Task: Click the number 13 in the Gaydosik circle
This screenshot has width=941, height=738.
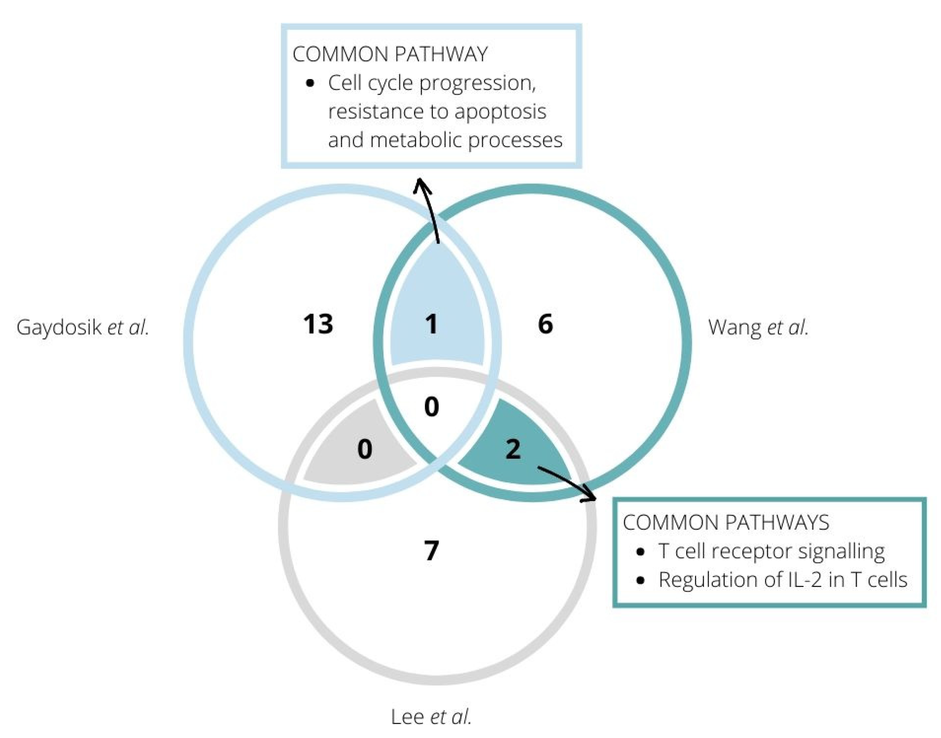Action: click(x=318, y=324)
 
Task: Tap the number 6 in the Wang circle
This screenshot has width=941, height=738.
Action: click(x=545, y=323)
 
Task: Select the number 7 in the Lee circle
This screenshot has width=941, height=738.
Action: click(x=431, y=551)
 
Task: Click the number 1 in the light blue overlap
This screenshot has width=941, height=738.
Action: click(x=431, y=323)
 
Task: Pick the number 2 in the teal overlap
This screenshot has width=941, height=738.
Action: click(x=513, y=449)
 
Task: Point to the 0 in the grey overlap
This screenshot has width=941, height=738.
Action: click(x=365, y=449)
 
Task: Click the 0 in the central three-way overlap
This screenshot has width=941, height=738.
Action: click(x=431, y=407)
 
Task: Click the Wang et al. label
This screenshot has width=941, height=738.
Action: click(x=758, y=328)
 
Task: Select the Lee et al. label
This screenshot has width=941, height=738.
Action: click(x=431, y=717)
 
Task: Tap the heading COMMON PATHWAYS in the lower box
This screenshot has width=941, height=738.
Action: click(x=726, y=522)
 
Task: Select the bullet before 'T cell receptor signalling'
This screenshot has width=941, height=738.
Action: click(x=641, y=552)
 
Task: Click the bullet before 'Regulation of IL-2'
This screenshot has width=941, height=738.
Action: click(x=641, y=580)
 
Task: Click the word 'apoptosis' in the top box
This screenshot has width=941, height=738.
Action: click(x=500, y=112)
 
